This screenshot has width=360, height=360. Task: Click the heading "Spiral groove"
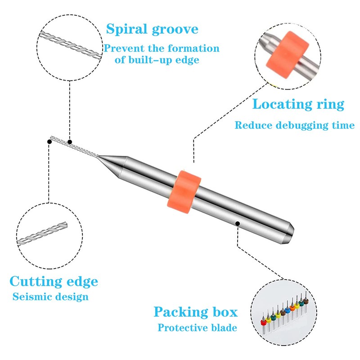tap(152, 30)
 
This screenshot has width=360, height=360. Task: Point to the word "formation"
tap(193, 49)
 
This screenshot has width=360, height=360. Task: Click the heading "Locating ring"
tap(298, 104)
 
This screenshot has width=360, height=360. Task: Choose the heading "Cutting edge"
tap(54, 282)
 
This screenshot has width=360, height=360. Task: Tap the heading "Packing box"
tap(196, 312)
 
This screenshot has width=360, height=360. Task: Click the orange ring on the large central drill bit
tap(184, 192)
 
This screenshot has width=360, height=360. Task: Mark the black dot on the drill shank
tap(238, 223)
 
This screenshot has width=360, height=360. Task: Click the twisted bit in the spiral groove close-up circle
tap(70, 46)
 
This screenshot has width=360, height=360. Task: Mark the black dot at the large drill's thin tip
tap(49, 142)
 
